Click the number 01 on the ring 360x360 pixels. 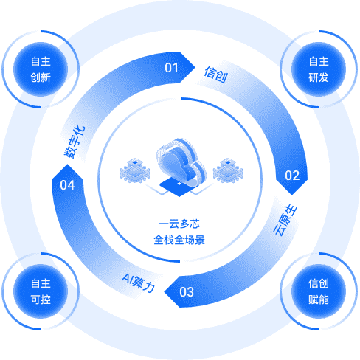[x=171, y=68]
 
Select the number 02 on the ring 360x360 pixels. [x=292, y=176]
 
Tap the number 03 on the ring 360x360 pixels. [x=187, y=292]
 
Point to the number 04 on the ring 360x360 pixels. [x=67, y=185]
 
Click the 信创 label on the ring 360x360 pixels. [x=216, y=75]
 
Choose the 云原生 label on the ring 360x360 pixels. [x=285, y=220]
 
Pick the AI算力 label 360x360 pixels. [x=139, y=283]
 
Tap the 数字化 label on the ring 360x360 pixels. [x=75, y=142]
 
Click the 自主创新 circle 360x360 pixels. [x=41, y=69]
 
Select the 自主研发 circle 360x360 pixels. [x=319, y=69]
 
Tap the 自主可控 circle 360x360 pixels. [x=41, y=291]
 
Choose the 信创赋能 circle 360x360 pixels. [x=319, y=291]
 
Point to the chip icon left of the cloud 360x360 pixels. [x=135, y=170]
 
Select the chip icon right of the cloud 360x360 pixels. [x=228, y=170]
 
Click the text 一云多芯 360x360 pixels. [x=179, y=224]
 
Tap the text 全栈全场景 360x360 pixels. [x=179, y=240]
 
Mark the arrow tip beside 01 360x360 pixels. [x=195, y=67]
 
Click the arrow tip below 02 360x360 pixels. [x=292, y=195]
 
